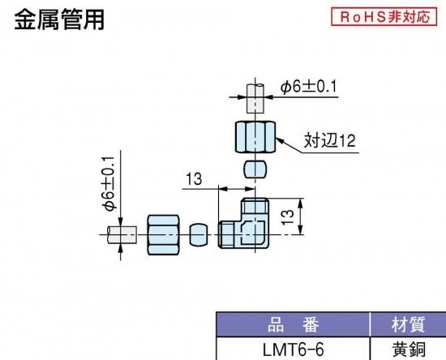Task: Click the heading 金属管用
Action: (59, 19)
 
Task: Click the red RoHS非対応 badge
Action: (384, 17)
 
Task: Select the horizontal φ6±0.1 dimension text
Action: (308, 87)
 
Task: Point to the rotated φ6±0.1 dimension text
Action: (109, 183)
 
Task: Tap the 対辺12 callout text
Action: (330, 140)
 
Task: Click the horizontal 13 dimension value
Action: (194, 179)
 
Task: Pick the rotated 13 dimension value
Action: (287, 217)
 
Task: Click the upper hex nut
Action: (255, 137)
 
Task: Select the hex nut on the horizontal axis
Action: (163, 234)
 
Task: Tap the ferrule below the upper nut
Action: (255, 169)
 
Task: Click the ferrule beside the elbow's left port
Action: (198, 234)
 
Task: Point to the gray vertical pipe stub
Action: (255, 98)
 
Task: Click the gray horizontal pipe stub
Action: (122, 235)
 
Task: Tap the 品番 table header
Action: (293, 324)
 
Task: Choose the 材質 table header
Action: (409, 324)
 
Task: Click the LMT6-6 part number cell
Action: (294, 349)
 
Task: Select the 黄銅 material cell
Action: (409, 349)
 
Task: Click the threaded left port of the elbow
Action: (226, 235)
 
